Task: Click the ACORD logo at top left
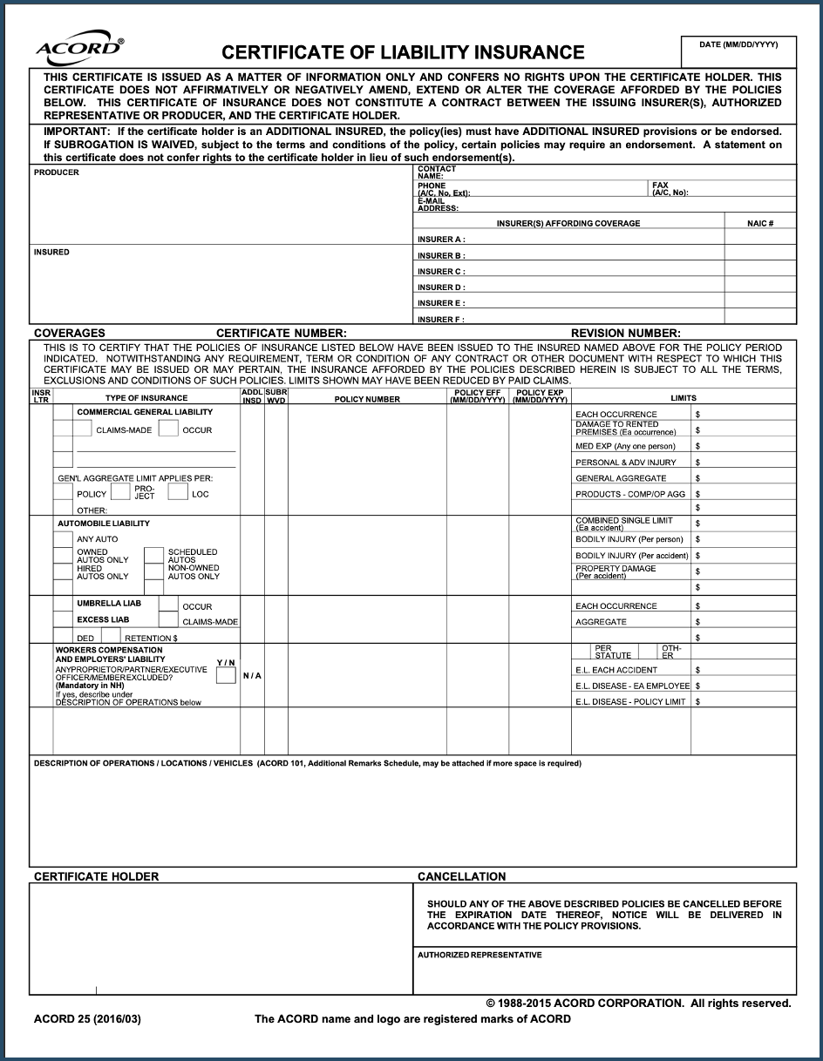tap(79, 48)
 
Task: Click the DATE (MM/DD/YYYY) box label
tap(738, 44)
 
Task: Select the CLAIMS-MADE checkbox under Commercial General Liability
tap(82, 429)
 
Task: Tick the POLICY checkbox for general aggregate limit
tap(63, 493)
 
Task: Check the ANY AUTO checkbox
tap(63, 539)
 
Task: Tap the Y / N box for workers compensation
tap(226, 675)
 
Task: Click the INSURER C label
tap(440, 272)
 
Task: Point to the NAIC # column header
tap(759, 224)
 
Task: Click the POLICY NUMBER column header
tap(367, 399)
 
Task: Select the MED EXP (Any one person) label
tap(625, 446)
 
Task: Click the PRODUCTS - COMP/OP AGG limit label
tap(630, 494)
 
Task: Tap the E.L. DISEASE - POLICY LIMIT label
tap(630, 701)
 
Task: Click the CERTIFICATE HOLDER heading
tap(96, 876)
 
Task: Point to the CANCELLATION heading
tap(461, 876)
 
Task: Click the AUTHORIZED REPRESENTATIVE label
tap(480, 955)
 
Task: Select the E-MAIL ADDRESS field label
tap(438, 205)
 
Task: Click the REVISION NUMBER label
tap(625, 333)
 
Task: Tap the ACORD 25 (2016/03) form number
tap(86, 1018)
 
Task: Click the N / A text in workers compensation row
tap(252, 676)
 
